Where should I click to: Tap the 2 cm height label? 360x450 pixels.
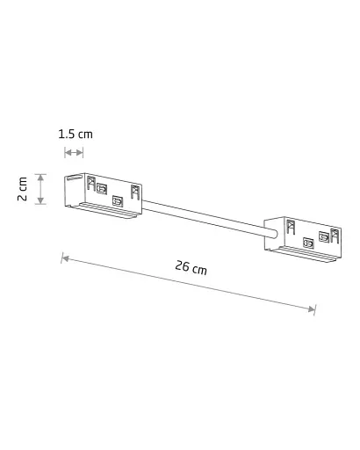24,187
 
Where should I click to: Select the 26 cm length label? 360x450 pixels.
191,267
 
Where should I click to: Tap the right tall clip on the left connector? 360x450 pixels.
134,191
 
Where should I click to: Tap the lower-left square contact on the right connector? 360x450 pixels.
306,243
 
